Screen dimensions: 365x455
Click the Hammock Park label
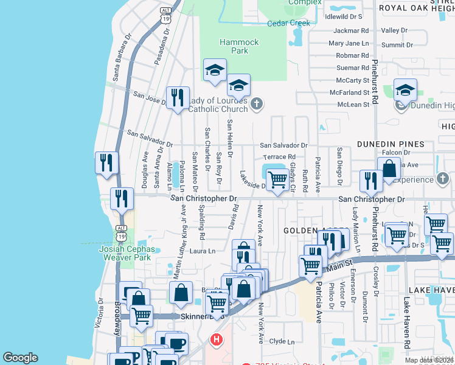pyautogui.click(x=240, y=46)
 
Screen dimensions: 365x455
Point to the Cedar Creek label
pyautogui.click(x=288, y=23)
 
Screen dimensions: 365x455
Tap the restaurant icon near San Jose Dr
pyautogui.click(x=178, y=97)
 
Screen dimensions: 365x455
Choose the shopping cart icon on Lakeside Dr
pyautogui.click(x=277, y=180)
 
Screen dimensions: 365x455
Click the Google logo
pyautogui.click(x=20, y=358)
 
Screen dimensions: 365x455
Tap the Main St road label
pyautogui.click(x=342, y=263)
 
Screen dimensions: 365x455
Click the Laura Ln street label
pyautogui.click(x=203, y=251)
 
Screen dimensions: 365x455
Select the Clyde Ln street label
pyautogui.click(x=282, y=342)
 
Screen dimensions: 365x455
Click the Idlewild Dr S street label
pyautogui.click(x=344, y=16)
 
